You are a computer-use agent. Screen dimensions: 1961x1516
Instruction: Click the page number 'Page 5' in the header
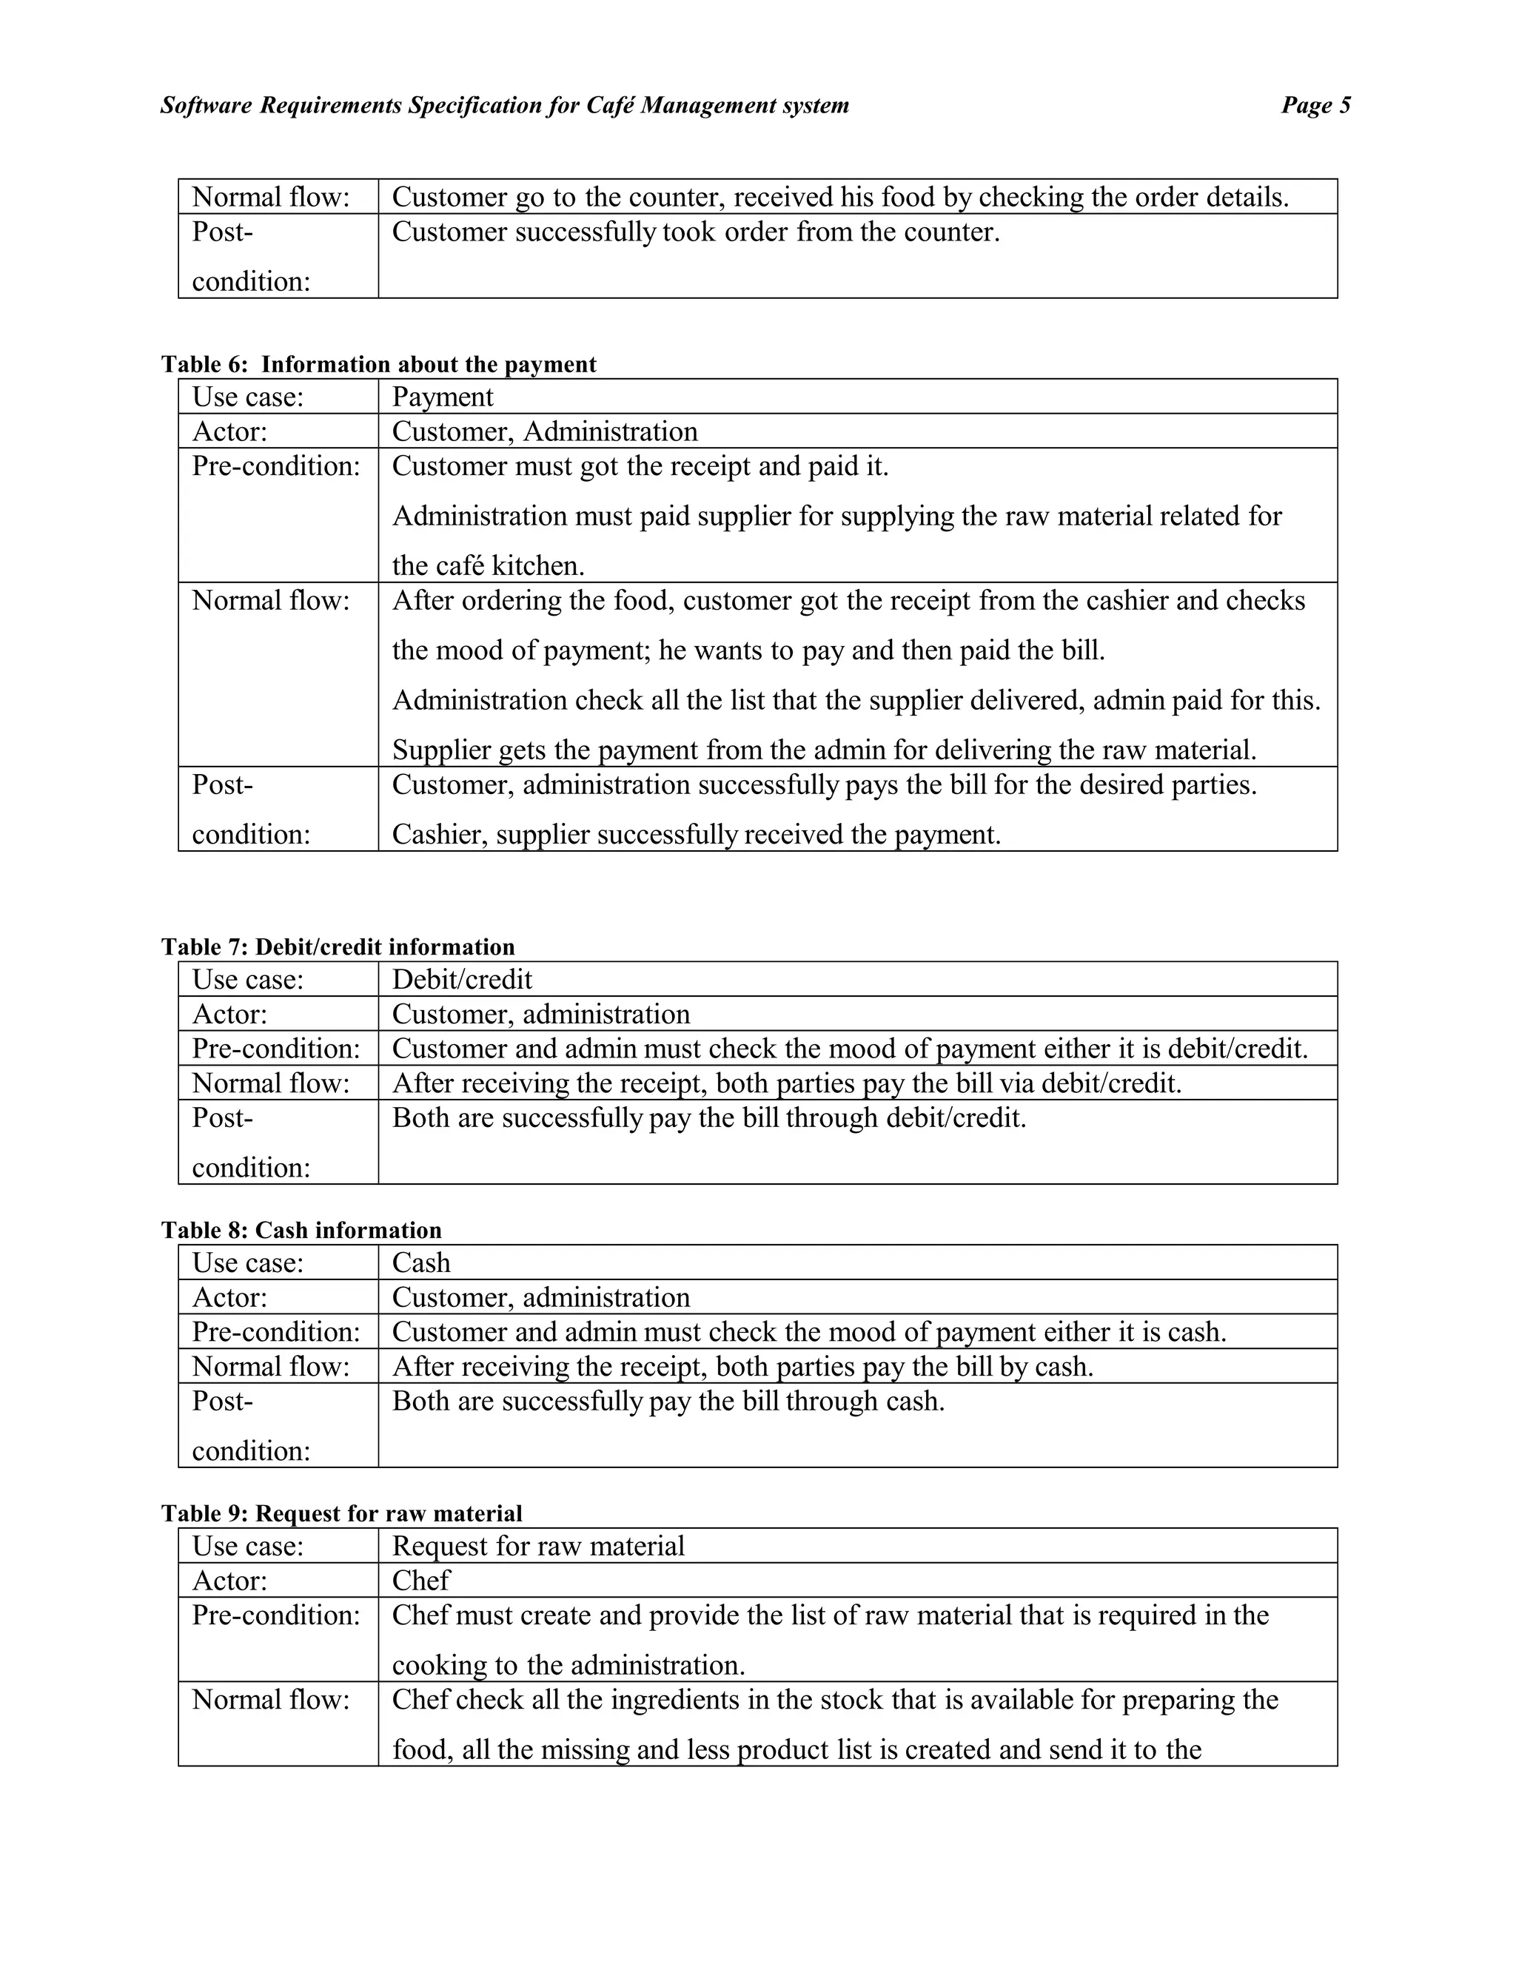coord(1315,106)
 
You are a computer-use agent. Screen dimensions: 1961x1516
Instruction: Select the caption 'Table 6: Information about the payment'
coord(378,365)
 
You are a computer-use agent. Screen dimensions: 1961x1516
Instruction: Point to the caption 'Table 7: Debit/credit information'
coord(338,947)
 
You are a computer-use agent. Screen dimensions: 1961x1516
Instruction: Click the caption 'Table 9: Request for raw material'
coord(341,1514)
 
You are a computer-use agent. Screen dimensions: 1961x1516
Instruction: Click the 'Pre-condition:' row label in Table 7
coord(275,1049)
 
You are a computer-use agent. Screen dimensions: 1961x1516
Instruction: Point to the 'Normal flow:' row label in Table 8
coord(270,1367)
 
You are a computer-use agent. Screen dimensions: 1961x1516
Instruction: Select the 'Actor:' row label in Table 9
coord(230,1581)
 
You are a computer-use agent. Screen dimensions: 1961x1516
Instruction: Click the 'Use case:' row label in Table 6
coord(248,397)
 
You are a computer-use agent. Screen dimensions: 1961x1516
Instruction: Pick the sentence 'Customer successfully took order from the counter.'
coord(695,232)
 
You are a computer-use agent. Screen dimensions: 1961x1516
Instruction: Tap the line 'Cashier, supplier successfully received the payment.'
coord(696,835)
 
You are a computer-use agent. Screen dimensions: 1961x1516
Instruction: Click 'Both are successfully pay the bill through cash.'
coord(668,1402)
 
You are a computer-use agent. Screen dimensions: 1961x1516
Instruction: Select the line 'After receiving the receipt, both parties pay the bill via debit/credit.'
coord(787,1084)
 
